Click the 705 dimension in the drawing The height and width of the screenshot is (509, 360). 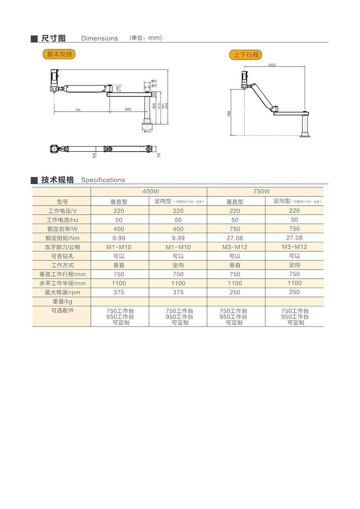[78, 110]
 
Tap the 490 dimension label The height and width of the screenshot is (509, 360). [128, 109]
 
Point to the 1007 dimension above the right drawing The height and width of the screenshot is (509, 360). [272, 65]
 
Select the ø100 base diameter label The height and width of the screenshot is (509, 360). [147, 131]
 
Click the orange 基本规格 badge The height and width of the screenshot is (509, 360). [59, 54]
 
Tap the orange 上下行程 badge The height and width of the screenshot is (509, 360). [246, 55]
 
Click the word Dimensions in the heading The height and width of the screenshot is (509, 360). [99, 39]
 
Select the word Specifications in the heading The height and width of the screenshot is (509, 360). [103, 180]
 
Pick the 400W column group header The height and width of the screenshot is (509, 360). [150, 192]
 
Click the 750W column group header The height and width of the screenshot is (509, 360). [261, 192]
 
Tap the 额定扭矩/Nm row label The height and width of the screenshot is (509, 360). [62, 238]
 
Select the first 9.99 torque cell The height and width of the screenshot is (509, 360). [119, 238]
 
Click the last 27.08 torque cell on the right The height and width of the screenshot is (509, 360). [294, 238]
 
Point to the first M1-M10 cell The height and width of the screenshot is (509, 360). [119, 247]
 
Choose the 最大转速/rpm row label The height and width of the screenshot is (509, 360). [62, 292]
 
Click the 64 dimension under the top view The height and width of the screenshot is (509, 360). [94, 156]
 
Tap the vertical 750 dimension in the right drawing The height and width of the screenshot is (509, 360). [229, 113]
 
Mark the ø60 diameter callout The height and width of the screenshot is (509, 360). [154, 81]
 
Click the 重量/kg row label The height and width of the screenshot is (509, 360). [62, 302]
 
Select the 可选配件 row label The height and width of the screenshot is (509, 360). [62, 310]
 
